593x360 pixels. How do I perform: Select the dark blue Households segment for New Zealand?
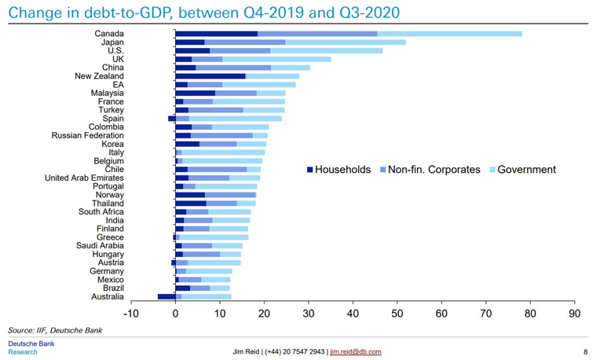pyautogui.click(x=210, y=76)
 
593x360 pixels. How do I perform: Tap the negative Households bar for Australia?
pyautogui.click(x=166, y=296)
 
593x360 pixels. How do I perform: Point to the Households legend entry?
pyautogui.click(x=337, y=170)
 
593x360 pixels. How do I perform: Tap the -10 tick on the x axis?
pyautogui.click(x=130, y=313)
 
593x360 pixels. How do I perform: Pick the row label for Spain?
pyautogui.click(x=112, y=119)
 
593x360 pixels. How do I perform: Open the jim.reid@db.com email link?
pyautogui.click(x=355, y=351)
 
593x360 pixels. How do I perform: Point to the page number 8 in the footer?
pyautogui.click(x=585, y=351)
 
